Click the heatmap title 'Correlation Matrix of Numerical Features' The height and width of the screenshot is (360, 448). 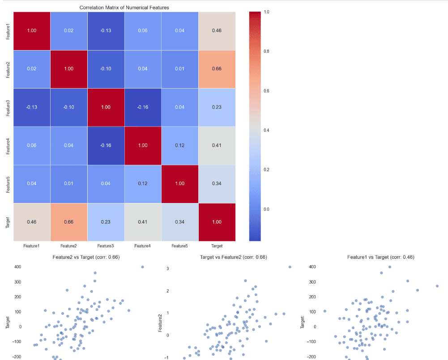click(124, 8)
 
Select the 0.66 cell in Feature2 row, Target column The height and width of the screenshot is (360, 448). click(217, 69)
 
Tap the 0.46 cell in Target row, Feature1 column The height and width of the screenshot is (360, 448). click(31, 222)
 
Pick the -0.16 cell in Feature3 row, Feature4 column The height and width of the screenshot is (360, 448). click(142, 107)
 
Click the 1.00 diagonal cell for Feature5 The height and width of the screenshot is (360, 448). click(179, 184)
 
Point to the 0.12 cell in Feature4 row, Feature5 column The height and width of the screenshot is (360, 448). click(179, 146)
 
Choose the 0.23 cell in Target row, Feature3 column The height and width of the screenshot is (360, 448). click(106, 222)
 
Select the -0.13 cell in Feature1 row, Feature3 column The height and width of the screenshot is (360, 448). click(106, 30)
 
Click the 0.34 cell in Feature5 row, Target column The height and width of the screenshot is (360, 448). click(217, 184)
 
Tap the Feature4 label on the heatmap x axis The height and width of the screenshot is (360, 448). click(142, 246)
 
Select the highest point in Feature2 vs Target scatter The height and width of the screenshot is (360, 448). click(142, 267)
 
